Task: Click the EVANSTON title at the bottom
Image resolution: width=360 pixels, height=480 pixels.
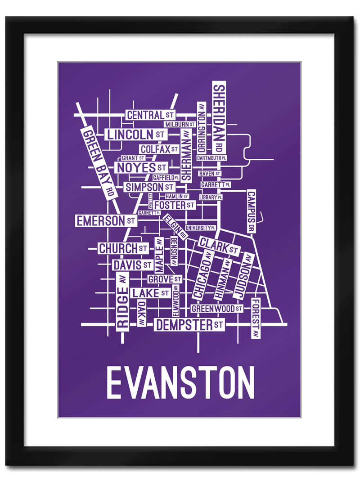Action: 180,382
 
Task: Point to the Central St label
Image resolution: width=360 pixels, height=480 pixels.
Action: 150,115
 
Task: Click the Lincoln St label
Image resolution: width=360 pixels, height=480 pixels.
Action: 135,134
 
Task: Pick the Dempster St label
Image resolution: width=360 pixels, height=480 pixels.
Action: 189,325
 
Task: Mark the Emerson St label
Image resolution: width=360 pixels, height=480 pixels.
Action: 106,221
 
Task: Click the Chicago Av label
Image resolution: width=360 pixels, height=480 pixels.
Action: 202,275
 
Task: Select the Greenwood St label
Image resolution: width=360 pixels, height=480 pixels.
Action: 217,309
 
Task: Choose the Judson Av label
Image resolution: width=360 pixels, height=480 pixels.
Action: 243,276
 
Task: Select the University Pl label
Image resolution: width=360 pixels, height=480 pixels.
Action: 201,228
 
